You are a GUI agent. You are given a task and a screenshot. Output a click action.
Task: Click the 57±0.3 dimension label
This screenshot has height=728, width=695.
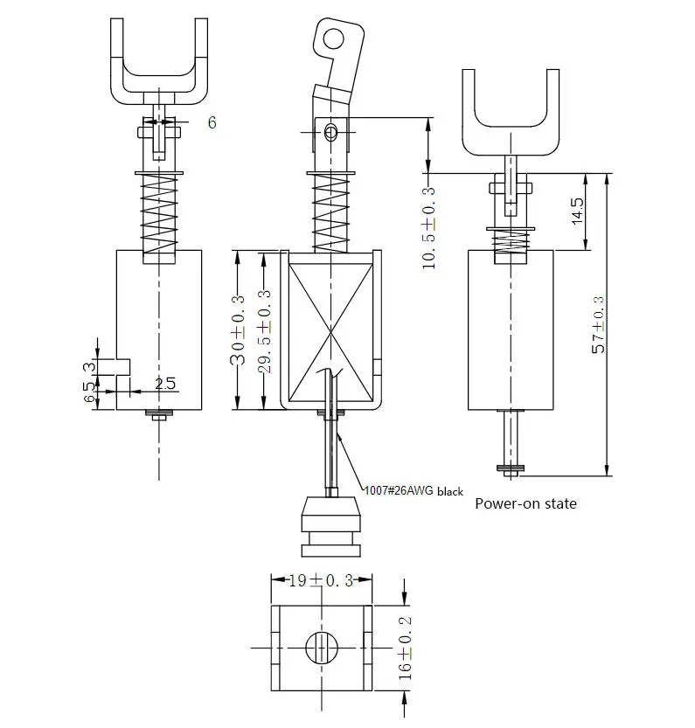click(x=598, y=325)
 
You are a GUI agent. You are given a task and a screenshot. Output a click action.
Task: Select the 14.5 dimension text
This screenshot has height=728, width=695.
click(x=578, y=211)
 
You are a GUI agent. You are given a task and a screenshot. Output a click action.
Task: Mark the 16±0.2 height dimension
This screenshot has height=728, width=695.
click(x=405, y=648)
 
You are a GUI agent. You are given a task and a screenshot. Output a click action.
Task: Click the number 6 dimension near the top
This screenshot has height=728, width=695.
click(x=212, y=122)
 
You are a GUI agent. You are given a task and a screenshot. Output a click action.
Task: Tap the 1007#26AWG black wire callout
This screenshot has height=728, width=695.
click(x=413, y=491)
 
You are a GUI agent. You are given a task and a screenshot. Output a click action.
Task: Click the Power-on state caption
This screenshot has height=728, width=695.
click(x=525, y=503)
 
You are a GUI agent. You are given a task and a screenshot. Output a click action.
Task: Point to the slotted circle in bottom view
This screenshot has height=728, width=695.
click(x=321, y=648)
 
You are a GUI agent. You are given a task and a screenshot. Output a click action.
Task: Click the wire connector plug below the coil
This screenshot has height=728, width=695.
click(x=330, y=527)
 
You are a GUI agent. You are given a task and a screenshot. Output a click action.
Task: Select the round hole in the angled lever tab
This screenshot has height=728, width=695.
click(x=331, y=38)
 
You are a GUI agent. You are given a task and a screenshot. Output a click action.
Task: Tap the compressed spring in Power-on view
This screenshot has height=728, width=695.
click(x=512, y=241)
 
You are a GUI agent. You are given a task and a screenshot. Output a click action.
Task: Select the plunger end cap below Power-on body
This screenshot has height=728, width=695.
click(x=511, y=469)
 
